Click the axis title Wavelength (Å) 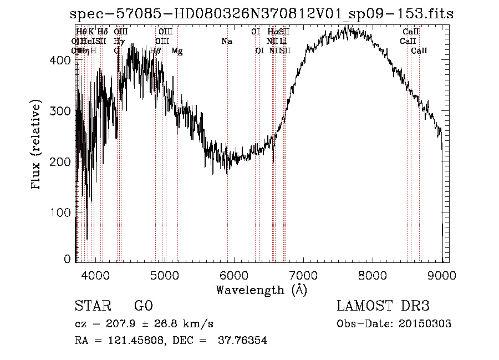pyautogui.click(x=261, y=290)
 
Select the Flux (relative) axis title pyautogui.click(x=37, y=145)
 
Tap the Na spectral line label pyautogui.click(x=226, y=41)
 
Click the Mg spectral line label pyautogui.click(x=177, y=51)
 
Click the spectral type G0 pyautogui.click(x=143, y=306)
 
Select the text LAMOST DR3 pyautogui.click(x=383, y=306)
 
